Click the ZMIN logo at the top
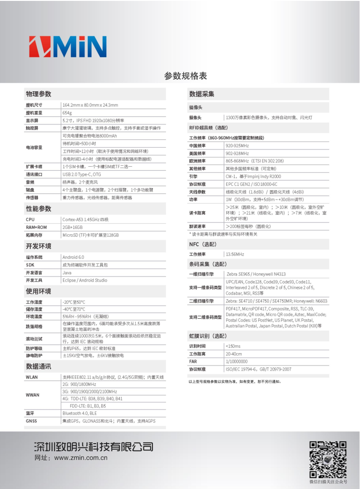[x=68, y=46]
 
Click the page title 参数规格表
[x=185, y=75]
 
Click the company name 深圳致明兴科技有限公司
[x=94, y=446]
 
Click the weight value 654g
[x=67, y=113]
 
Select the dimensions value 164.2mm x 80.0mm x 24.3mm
[x=90, y=105]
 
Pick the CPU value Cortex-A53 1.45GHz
[x=85, y=219]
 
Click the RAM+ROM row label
[x=36, y=227]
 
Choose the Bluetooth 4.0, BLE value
[x=79, y=413]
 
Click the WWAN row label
[x=32, y=395]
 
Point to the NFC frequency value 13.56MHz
[x=235, y=254]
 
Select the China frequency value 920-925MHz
[x=237, y=146]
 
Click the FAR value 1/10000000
[x=237, y=361]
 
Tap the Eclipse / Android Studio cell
[x=85, y=280]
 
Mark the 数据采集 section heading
[x=202, y=94]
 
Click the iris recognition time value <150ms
[x=233, y=346]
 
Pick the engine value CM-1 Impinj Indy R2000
[x=253, y=176]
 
